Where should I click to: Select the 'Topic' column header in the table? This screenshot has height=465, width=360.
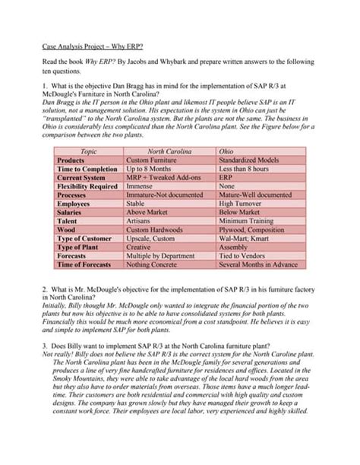point(88,152)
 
